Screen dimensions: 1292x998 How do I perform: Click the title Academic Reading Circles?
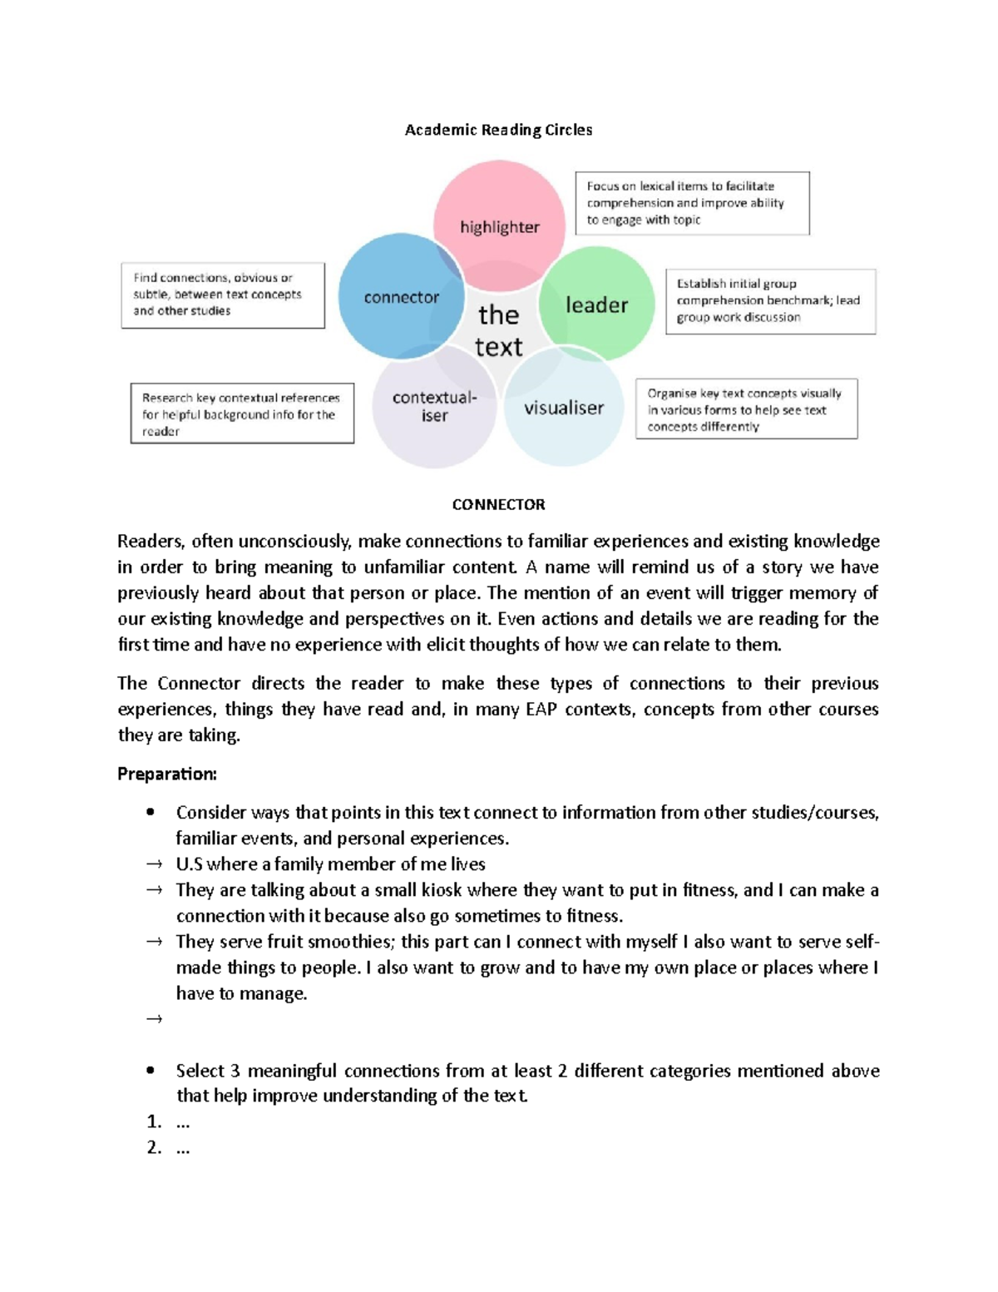(x=498, y=130)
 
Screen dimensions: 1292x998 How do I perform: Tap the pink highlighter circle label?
(x=499, y=227)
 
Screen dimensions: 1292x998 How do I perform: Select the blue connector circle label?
(x=401, y=297)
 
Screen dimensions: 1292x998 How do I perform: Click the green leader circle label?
(x=596, y=305)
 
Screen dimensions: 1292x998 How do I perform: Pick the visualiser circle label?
(x=563, y=408)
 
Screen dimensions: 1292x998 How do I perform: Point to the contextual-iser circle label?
(x=434, y=406)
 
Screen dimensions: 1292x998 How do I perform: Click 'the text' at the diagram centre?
(x=498, y=330)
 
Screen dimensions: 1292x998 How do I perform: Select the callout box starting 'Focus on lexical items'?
(x=692, y=203)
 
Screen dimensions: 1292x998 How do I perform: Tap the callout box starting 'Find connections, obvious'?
(x=222, y=295)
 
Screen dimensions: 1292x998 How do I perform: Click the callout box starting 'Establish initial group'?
(x=770, y=300)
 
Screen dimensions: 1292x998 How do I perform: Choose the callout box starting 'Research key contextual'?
(x=242, y=413)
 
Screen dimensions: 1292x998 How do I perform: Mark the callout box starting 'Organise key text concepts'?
(x=746, y=409)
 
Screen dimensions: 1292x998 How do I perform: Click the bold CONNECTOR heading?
(x=498, y=504)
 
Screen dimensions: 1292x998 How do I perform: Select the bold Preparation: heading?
(x=166, y=774)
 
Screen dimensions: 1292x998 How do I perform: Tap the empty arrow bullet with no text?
(x=154, y=1019)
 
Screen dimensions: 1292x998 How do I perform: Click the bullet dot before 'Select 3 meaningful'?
(x=151, y=1071)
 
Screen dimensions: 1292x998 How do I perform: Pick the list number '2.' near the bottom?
(x=154, y=1148)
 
